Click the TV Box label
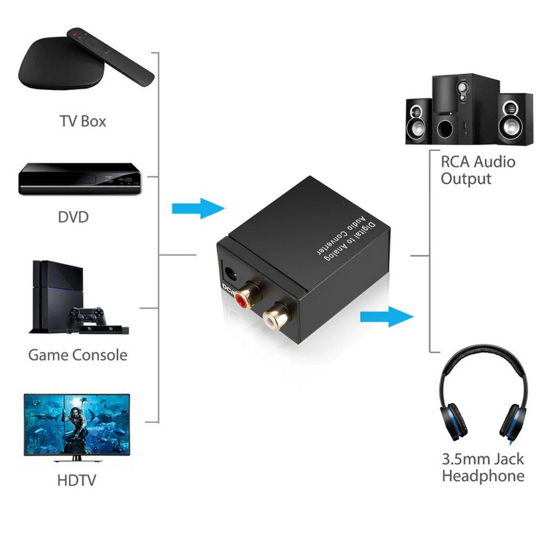[82, 121]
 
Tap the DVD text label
[73, 217]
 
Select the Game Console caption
[77, 354]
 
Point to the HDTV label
[76, 480]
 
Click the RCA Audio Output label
[478, 170]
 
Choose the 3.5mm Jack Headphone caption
[483, 467]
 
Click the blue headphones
[482, 393]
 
